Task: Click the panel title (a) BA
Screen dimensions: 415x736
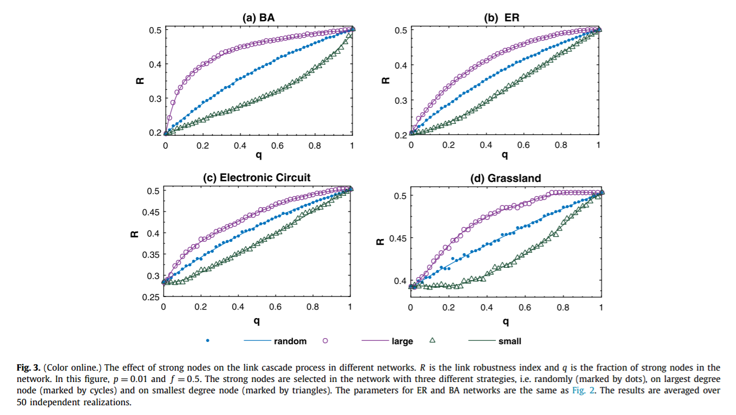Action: [x=258, y=17]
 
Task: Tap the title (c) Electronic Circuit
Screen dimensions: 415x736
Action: [x=257, y=177]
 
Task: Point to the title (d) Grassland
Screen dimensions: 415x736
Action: [x=505, y=177]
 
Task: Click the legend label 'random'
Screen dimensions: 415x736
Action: [x=290, y=341]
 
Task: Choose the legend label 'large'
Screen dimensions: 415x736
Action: [x=402, y=341]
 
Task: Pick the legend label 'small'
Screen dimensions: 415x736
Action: [x=510, y=341]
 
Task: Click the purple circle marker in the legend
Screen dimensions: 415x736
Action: [x=325, y=341]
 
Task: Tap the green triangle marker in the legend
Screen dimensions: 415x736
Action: [x=432, y=340]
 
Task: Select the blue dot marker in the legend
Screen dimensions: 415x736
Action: [x=208, y=341]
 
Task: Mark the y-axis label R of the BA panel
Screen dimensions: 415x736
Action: [x=139, y=82]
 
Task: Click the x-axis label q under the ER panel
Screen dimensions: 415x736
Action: [x=504, y=156]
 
